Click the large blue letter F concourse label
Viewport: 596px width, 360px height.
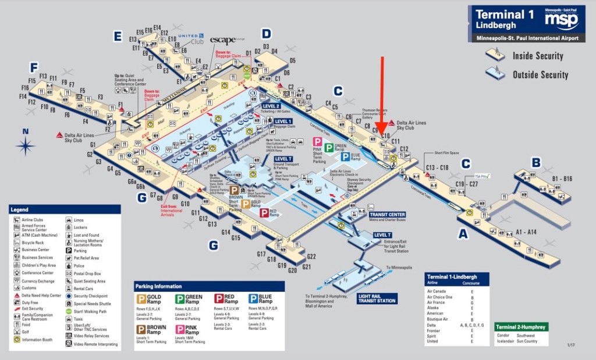(x=34, y=67)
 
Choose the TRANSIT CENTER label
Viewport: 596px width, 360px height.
(x=387, y=215)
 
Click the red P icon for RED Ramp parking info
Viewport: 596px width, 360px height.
(x=219, y=299)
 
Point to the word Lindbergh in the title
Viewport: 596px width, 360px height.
(x=495, y=26)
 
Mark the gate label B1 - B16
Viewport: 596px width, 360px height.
(x=562, y=179)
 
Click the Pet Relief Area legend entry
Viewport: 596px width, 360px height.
(x=86, y=258)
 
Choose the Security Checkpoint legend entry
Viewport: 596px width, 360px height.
(x=90, y=296)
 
